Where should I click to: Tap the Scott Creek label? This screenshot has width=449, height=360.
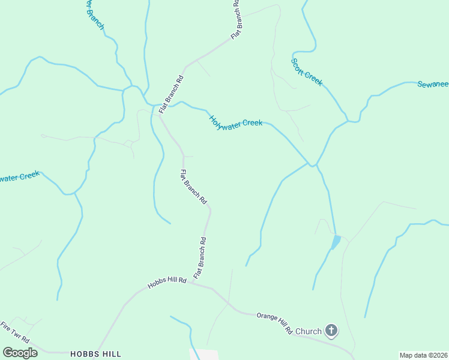point(306,71)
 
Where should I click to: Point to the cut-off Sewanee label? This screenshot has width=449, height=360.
point(433,84)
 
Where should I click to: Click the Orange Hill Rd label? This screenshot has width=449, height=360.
point(274,322)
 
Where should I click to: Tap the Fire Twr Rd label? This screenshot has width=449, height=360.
point(14,332)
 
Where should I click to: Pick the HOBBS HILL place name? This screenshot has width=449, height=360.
point(96,354)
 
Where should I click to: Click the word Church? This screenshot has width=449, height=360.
point(309,331)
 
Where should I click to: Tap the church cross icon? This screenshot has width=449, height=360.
point(331,330)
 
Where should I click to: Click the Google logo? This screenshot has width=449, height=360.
point(20,353)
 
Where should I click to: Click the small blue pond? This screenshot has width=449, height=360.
point(336,242)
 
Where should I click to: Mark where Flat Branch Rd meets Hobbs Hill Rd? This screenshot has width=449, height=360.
point(193,283)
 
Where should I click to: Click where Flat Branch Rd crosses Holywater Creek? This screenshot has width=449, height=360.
point(161,106)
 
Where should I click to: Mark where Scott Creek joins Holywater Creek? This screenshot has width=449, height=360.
point(312,164)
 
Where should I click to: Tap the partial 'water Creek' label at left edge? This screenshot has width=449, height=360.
point(19,177)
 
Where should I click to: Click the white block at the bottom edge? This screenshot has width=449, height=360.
point(204,354)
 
